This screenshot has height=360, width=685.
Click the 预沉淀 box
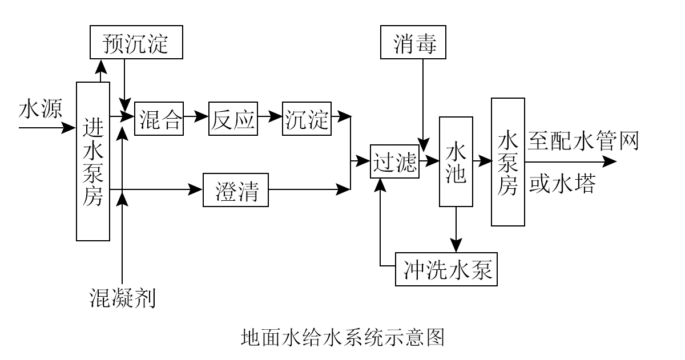[136, 42]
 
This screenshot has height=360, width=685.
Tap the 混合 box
[159, 119]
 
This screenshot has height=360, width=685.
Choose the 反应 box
[233, 119]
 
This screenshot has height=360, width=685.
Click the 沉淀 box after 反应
[307, 119]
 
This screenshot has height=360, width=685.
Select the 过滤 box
[394, 162]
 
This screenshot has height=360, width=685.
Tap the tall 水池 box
[456, 161]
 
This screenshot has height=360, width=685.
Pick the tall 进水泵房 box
[93, 161]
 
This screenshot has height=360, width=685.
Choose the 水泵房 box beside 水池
[507, 162]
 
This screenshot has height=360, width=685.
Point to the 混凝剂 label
[123, 297]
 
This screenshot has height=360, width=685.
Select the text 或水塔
[562, 184]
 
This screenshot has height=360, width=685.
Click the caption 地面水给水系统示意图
[342, 337]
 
